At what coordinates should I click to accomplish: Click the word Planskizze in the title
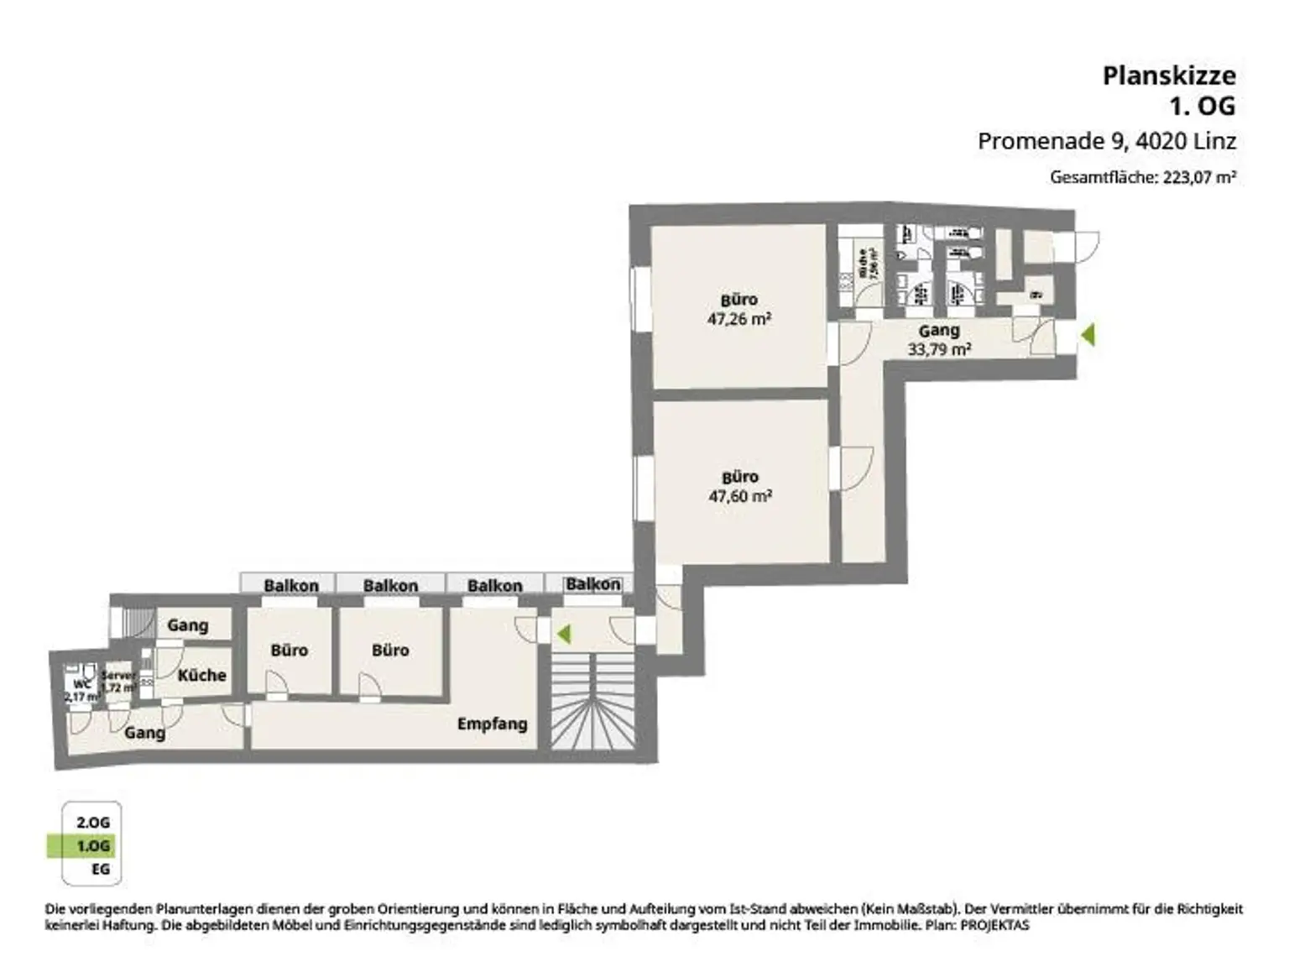coord(1168,76)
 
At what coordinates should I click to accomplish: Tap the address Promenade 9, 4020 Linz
coord(1106,141)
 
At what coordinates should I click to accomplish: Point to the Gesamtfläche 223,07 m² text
coord(1142,177)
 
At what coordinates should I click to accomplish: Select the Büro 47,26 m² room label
coord(739,309)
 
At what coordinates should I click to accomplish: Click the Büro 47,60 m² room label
coord(739,486)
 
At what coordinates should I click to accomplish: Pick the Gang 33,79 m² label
coord(939,340)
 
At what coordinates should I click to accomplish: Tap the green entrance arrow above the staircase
coord(563,634)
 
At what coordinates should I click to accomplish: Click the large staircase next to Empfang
coord(592,701)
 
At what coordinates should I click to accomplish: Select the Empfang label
coord(492,724)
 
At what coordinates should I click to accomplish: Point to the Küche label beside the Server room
coord(201,675)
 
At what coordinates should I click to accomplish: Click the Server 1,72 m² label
coord(117,682)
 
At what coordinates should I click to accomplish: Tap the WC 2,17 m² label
coord(82,690)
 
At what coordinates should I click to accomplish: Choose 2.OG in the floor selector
coord(93,823)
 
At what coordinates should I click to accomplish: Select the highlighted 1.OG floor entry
coord(93,846)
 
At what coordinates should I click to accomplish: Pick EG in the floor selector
coord(100,870)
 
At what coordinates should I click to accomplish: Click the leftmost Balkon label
coord(290,585)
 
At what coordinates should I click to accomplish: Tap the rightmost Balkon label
coord(592,584)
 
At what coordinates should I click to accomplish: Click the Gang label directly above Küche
coord(187,625)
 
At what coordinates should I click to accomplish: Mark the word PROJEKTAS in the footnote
coord(994,926)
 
